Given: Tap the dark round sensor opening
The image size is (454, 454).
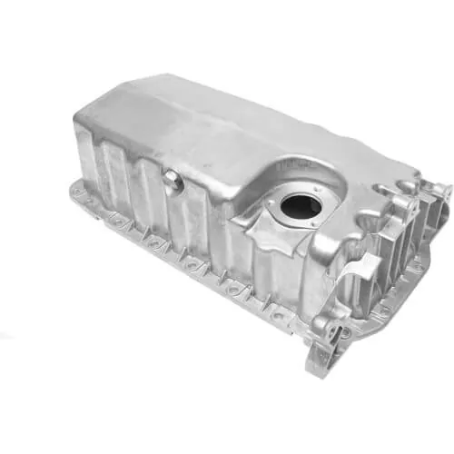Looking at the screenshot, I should (x=301, y=205).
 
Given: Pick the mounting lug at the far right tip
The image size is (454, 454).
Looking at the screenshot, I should (x=442, y=192).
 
